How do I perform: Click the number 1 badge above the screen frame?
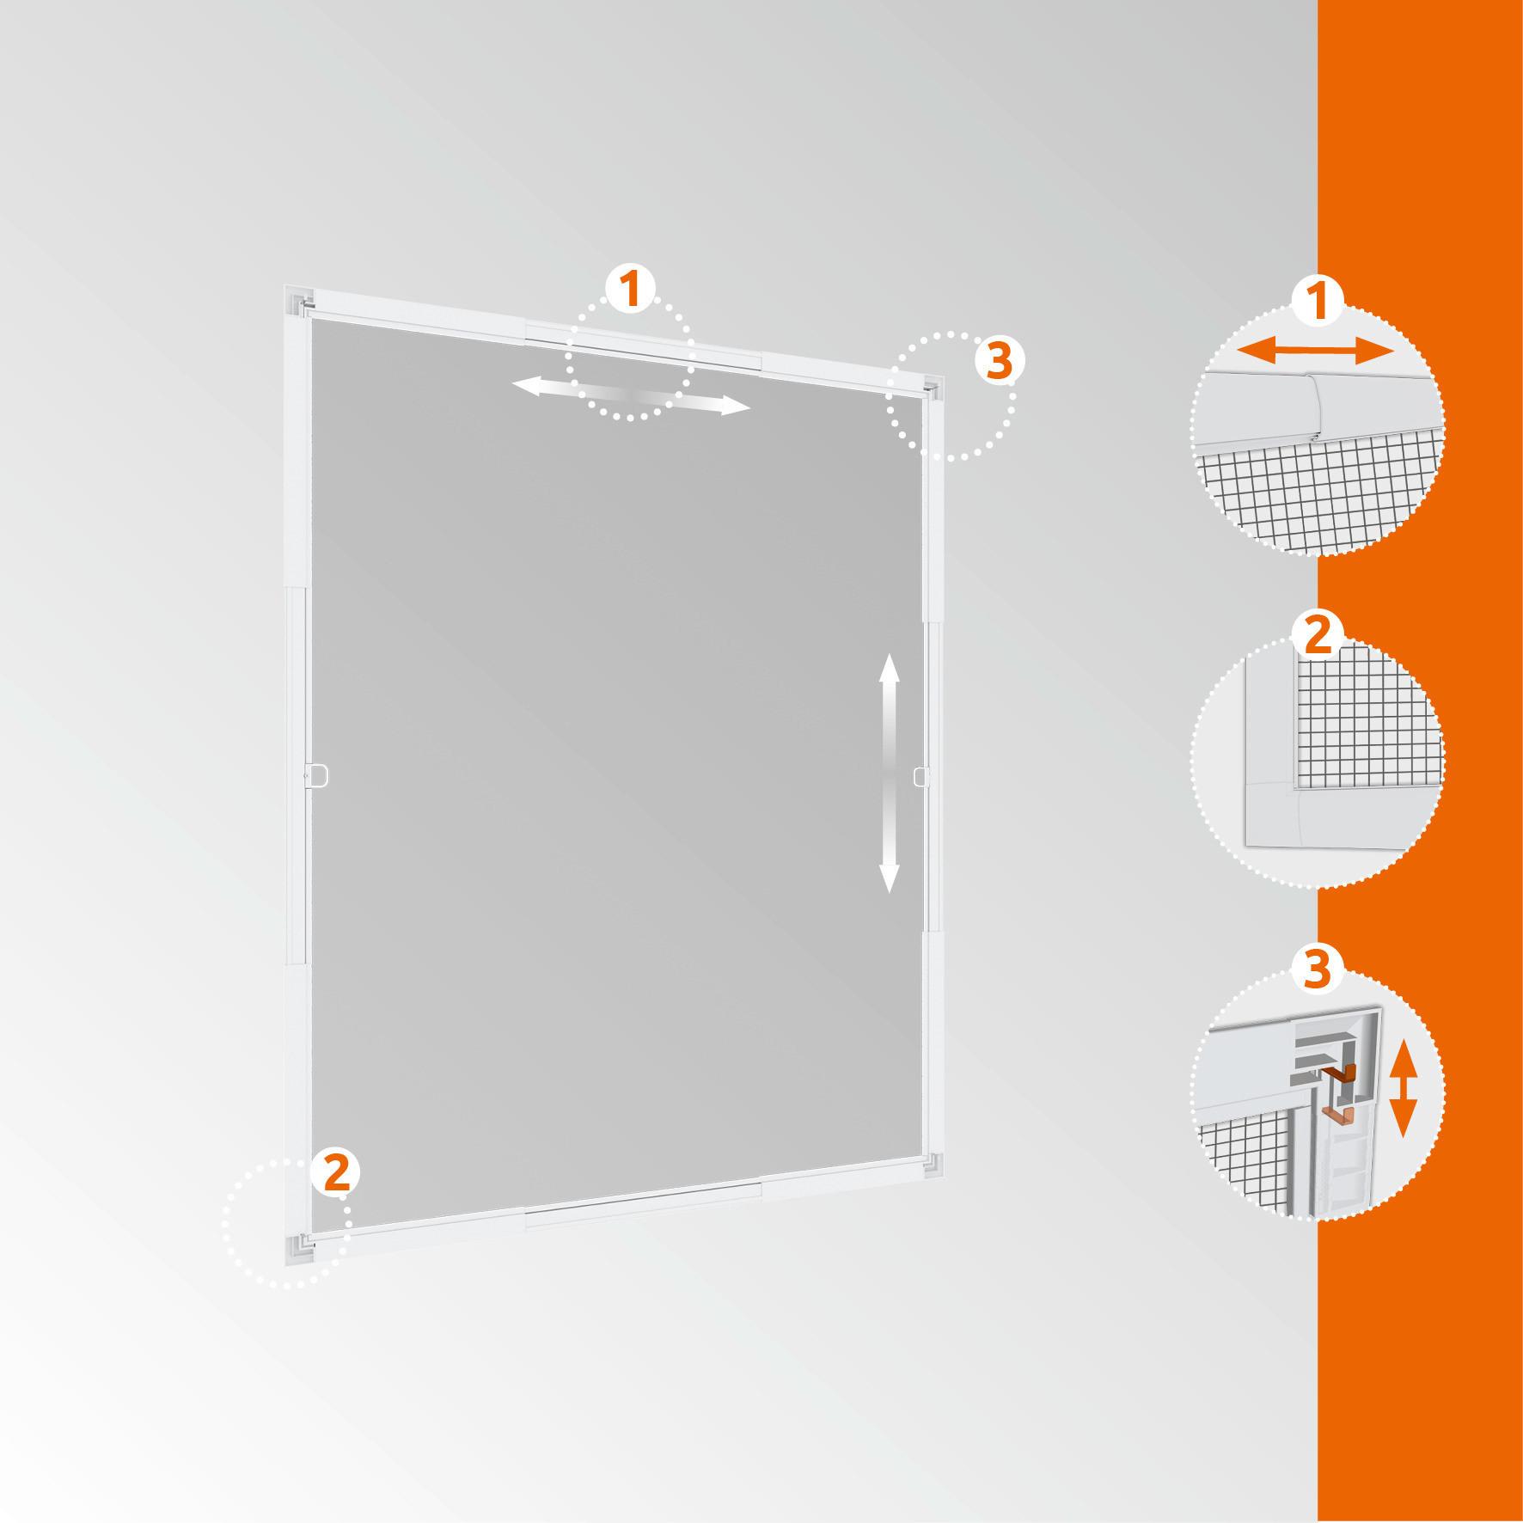point(631,290)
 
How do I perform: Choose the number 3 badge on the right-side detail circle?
point(1318,969)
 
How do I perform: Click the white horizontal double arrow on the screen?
point(632,398)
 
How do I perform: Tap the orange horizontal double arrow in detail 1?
point(1315,350)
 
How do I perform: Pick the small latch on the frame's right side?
point(921,776)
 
